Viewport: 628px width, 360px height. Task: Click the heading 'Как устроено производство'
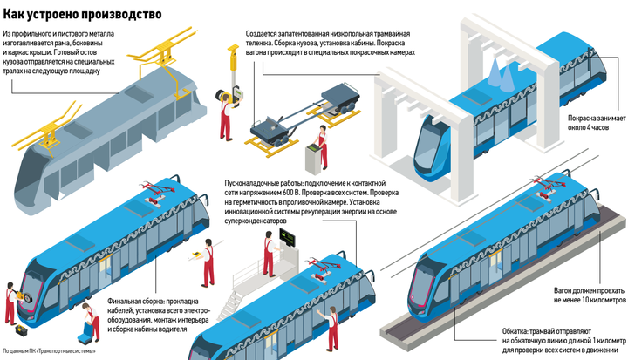pyautogui.click(x=82, y=14)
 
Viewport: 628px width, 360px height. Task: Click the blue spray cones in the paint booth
pyautogui.click(x=501, y=74)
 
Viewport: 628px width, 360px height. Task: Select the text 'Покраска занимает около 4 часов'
pyautogui.click(x=597, y=123)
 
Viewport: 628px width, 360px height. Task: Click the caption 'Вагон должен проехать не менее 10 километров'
pyautogui.click(x=590, y=295)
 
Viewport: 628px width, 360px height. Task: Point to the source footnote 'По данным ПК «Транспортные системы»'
pyautogui.click(x=49, y=351)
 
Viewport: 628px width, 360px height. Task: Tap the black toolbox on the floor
pyautogui.click(x=21, y=330)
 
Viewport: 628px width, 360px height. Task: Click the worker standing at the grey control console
pyautogui.click(x=323, y=147)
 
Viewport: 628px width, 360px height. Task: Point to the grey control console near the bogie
pyautogui.click(x=314, y=160)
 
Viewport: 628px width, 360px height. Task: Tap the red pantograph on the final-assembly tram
pyautogui.click(x=157, y=194)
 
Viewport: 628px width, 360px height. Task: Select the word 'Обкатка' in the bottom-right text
pyautogui.click(x=515, y=331)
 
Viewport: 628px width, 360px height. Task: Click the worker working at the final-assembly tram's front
pyautogui.click(x=11, y=303)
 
